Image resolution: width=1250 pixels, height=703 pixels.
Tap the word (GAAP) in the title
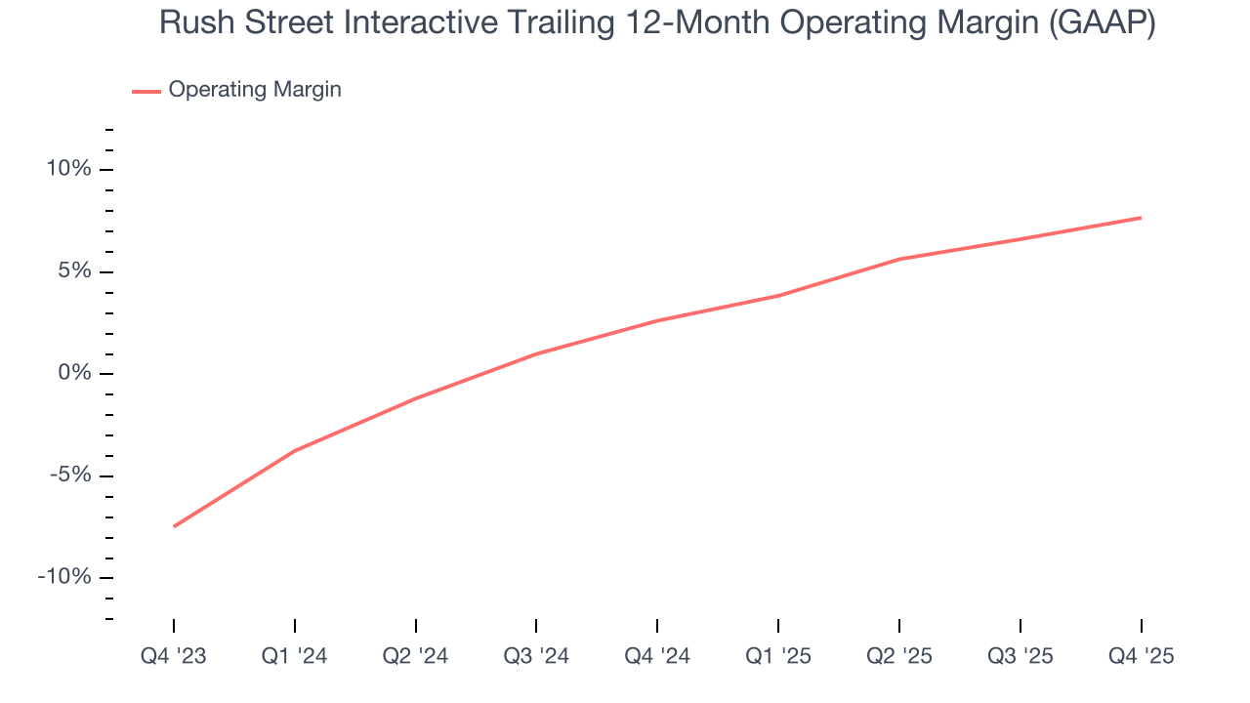(x=1101, y=23)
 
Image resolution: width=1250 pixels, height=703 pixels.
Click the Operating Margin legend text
(x=255, y=90)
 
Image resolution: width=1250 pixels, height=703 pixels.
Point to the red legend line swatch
(x=146, y=91)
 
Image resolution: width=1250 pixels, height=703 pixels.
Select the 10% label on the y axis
(x=68, y=169)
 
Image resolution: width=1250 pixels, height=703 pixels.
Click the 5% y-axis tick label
(x=73, y=271)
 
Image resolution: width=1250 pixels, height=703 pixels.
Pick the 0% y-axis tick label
(x=73, y=373)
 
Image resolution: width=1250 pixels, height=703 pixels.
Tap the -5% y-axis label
(x=69, y=476)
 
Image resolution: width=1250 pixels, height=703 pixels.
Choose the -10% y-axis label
(x=64, y=577)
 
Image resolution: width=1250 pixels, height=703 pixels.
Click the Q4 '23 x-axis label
(x=174, y=656)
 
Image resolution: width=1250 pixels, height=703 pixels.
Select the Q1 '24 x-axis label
(x=295, y=656)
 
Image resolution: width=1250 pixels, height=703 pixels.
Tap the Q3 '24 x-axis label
(x=536, y=656)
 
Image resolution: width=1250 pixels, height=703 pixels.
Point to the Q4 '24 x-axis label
(x=657, y=656)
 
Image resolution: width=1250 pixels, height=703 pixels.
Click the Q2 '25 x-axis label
(x=899, y=656)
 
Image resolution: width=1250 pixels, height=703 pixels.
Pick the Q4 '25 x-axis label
(x=1141, y=656)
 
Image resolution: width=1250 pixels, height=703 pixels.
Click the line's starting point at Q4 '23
(x=174, y=526)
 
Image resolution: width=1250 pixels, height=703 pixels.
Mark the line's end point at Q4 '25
(x=1141, y=218)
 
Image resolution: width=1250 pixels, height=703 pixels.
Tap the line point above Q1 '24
(x=295, y=450)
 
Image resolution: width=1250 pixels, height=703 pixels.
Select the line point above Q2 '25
(x=899, y=259)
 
